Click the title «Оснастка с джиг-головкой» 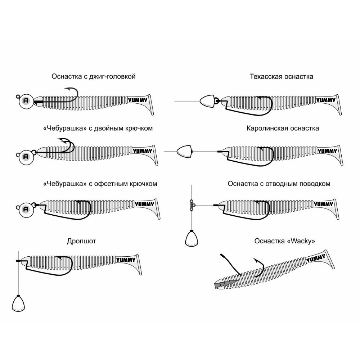tap(94, 77)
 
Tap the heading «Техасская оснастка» tap(282, 77)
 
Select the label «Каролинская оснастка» tap(283, 128)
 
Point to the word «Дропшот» tap(81, 241)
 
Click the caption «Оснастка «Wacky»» tap(284, 241)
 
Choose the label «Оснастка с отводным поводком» tap(279, 184)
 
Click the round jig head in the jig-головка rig tap(25, 100)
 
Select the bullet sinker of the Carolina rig tap(184, 152)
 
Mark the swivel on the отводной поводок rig tap(191, 205)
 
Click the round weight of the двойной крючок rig tap(25, 156)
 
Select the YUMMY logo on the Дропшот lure tap(126, 259)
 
